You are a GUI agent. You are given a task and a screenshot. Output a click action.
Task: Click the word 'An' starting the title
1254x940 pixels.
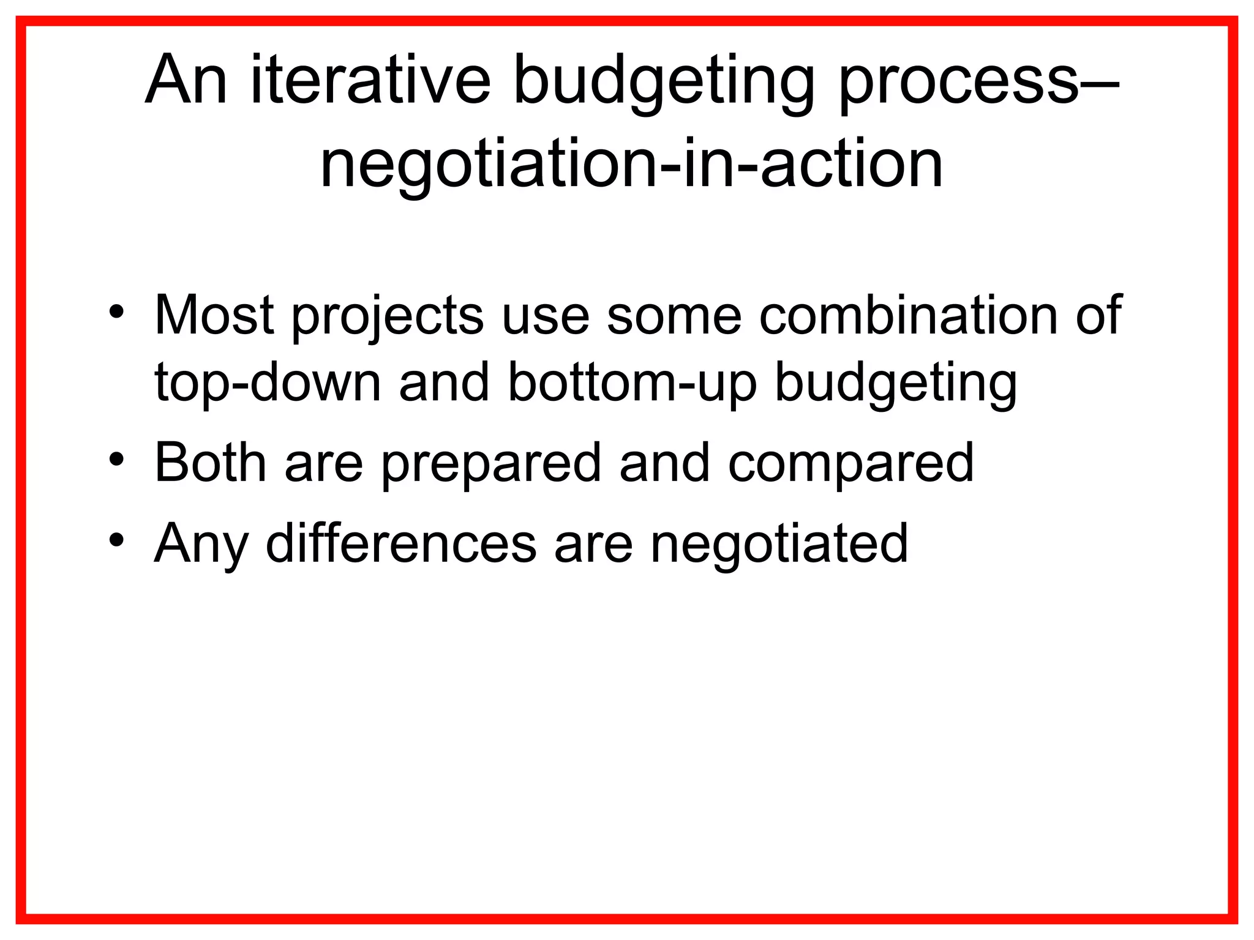click(186, 80)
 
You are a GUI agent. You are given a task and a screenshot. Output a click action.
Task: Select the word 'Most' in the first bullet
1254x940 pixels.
click(214, 315)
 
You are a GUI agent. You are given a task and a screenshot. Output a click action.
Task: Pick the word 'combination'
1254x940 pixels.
click(909, 315)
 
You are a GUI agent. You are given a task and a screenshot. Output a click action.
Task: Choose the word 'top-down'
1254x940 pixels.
click(268, 382)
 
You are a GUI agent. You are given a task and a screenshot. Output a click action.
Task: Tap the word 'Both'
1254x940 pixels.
click(210, 463)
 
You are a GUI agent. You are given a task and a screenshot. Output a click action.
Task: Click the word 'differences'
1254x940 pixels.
click(401, 543)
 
